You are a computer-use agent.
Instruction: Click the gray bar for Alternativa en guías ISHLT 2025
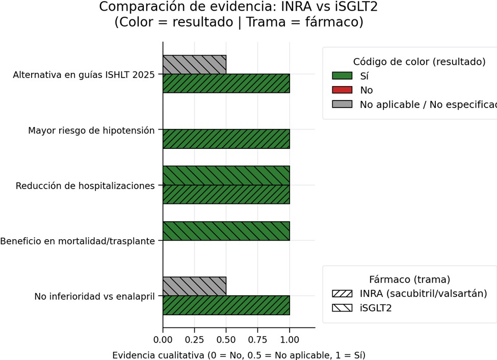pos(194,64)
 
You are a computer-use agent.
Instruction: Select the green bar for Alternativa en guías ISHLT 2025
pos(226,83)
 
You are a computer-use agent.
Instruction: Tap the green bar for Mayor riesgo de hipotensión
pos(226,139)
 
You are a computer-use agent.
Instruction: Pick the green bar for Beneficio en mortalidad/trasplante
pos(226,231)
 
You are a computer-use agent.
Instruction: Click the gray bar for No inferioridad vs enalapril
pos(194,286)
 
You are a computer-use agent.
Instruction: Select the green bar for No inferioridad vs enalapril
pos(226,305)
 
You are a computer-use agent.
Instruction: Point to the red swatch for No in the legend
pos(342,90)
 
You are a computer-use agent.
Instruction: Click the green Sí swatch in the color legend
pos(342,76)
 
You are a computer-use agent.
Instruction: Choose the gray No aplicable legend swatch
pos(342,105)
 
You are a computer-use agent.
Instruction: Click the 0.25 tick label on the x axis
pos(194,338)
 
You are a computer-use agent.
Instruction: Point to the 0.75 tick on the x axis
pos(258,338)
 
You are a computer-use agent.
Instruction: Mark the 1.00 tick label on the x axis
pos(290,338)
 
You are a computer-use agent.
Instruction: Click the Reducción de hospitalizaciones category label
pos(85,186)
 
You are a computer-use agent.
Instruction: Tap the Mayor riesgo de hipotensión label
pos(91,131)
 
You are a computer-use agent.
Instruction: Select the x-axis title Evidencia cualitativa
pos(239,354)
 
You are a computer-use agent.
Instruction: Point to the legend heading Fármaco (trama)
pos(409,279)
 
